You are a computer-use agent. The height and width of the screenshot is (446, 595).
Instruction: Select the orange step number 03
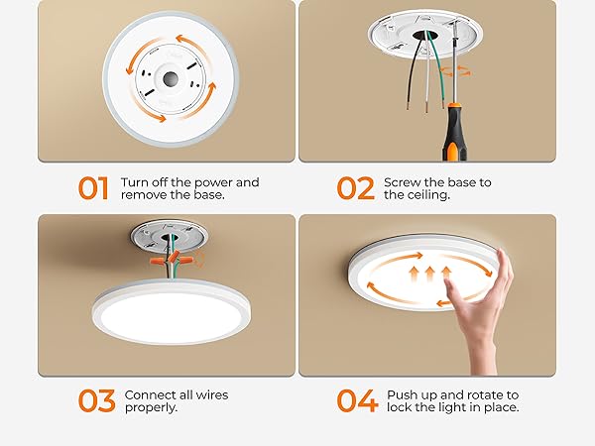(x=97, y=400)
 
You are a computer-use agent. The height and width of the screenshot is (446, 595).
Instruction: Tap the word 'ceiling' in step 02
(x=431, y=195)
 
